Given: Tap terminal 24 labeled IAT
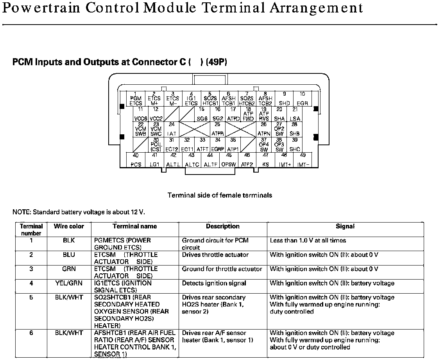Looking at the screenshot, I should pos(172,129).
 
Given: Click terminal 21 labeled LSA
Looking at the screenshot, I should pos(295,114).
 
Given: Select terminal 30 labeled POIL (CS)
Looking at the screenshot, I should pos(156,144).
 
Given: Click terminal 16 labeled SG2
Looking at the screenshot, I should pos(218,114).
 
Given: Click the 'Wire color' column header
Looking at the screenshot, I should pos(69,226).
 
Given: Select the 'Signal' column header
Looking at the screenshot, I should pos(345,226).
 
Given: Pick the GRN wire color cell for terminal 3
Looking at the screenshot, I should pos(69,269).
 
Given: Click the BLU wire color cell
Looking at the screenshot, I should pos(69,255).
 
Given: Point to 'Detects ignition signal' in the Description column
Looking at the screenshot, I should pos(214,283).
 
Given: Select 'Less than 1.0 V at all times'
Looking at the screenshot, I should pos(308,241).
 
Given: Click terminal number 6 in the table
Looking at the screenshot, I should pos(31,333).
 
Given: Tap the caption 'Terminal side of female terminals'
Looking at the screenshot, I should pos(220,195).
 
